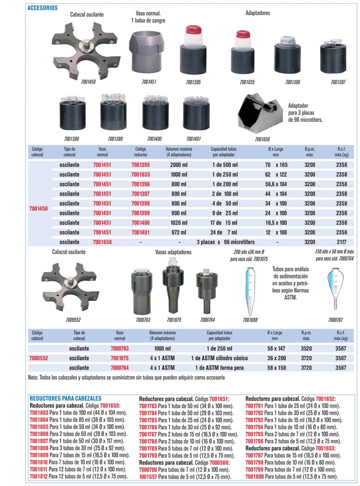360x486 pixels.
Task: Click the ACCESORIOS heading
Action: pyautogui.click(x=43, y=8)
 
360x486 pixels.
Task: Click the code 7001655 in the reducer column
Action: pyautogui.click(x=141, y=175)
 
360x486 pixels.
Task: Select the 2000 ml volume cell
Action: pyautogui.click(x=178, y=165)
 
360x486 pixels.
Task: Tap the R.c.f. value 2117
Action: pyautogui.click(x=341, y=242)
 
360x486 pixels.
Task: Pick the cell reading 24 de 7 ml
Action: pyautogui.click(x=224, y=232)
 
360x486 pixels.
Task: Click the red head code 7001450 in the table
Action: pyautogui.click(x=38, y=208)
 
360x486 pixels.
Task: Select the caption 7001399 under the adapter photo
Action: pyautogui.click(x=115, y=139)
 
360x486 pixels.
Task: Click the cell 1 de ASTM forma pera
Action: pyautogui.click(x=219, y=368)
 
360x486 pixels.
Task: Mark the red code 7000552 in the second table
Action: pyautogui.click(x=38, y=358)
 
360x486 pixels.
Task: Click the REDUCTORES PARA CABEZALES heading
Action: pyautogui.click(x=65, y=398)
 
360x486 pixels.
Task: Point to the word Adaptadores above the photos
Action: pyautogui.click(x=257, y=13)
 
